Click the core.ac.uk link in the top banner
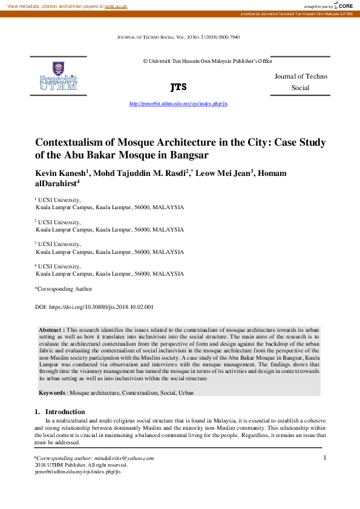pos(116,5)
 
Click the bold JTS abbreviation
pos(178,87)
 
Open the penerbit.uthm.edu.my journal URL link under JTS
pos(178,103)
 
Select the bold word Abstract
pos(51,329)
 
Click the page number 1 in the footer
pos(325,458)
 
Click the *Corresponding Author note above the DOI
pos(63,289)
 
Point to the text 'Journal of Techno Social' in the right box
pos(300,82)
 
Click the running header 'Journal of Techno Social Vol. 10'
pos(178,37)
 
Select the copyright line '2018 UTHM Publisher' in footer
pos(81,465)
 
